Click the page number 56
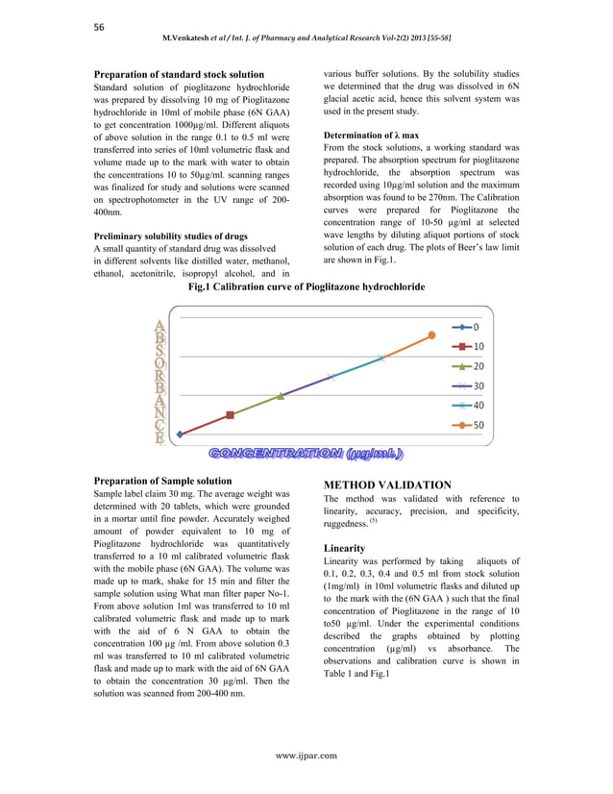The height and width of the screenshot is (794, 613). pyautogui.click(x=99, y=27)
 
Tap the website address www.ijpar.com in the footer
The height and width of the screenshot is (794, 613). pyautogui.click(x=306, y=756)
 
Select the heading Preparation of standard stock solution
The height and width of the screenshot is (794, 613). pyautogui.click(x=179, y=74)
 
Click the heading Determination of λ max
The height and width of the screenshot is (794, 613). pyautogui.click(x=371, y=136)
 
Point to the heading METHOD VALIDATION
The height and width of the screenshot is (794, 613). pyautogui.click(x=387, y=485)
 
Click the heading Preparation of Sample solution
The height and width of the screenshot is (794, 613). pyautogui.click(x=162, y=481)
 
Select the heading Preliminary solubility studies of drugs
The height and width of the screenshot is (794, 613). pyautogui.click(x=170, y=236)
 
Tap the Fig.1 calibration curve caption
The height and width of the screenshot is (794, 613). pyautogui.click(x=306, y=286)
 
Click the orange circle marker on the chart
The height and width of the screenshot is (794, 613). pyautogui.click(x=431, y=335)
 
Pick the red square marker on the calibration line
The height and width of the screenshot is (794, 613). pyautogui.click(x=230, y=415)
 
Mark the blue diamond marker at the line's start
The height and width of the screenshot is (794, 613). pyautogui.click(x=180, y=434)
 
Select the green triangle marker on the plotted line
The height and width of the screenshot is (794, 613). pyautogui.click(x=281, y=395)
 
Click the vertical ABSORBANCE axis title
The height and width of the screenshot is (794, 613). pyautogui.click(x=159, y=381)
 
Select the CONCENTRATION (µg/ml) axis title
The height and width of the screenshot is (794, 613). pyautogui.click(x=306, y=453)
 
